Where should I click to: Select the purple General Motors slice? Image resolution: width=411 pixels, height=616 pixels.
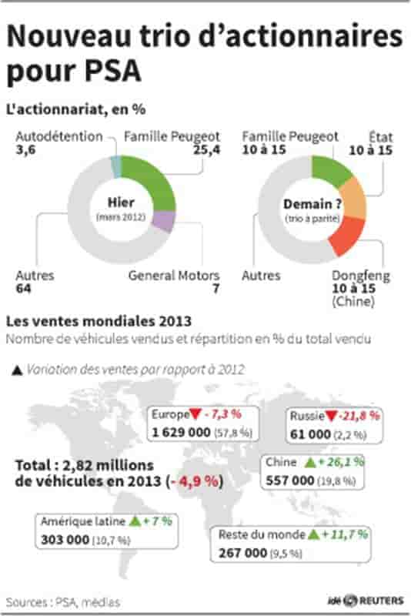click(x=163, y=221)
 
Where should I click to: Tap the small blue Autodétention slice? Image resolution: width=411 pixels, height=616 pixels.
click(x=116, y=166)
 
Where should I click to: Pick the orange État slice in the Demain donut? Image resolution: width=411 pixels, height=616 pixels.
click(x=353, y=199)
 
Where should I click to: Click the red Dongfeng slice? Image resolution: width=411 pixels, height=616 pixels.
click(x=347, y=236)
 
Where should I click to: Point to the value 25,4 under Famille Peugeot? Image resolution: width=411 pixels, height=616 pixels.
click(x=206, y=149)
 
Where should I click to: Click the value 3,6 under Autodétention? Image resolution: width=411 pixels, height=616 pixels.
click(x=25, y=149)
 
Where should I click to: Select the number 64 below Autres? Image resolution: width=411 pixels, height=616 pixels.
click(x=23, y=289)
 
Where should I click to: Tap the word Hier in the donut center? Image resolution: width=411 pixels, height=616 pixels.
click(x=121, y=203)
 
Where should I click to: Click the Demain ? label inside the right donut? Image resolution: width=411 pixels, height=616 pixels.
click(x=312, y=204)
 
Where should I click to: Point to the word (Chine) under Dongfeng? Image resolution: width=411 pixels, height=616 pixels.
click(x=353, y=302)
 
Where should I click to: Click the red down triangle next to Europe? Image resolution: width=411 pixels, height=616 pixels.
click(x=195, y=413)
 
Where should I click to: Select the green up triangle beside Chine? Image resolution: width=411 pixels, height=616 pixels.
click(x=310, y=463)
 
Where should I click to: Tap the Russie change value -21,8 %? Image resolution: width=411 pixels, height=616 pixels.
click(x=359, y=416)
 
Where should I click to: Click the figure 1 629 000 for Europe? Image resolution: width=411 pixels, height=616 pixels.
click(x=182, y=433)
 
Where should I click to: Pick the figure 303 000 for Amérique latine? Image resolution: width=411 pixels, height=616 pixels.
click(x=65, y=540)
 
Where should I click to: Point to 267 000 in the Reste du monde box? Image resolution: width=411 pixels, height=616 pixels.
click(x=243, y=553)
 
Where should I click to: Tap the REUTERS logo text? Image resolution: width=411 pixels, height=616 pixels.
click(x=381, y=601)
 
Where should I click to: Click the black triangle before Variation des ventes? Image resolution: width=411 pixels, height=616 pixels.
click(x=17, y=370)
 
